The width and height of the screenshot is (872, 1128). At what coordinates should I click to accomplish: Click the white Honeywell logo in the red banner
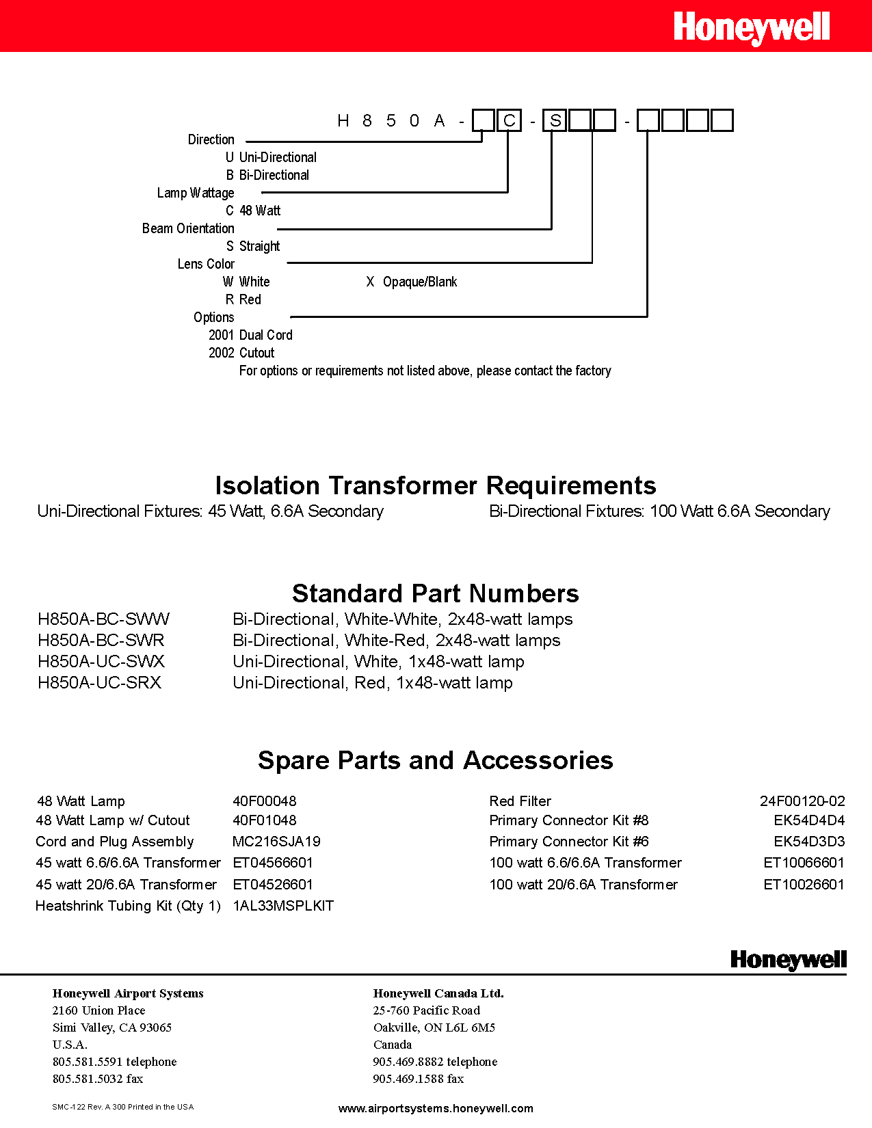click(x=752, y=28)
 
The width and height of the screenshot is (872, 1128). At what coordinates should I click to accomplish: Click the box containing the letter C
click(x=509, y=121)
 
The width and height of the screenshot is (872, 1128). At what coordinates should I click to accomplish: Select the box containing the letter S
click(x=555, y=121)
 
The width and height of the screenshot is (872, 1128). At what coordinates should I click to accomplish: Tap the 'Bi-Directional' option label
click(x=274, y=175)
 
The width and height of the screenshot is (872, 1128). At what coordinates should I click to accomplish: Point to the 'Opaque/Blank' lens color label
click(x=419, y=282)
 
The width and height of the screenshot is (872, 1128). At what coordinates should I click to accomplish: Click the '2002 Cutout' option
click(x=241, y=353)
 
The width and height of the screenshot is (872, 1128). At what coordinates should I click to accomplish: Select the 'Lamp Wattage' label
click(x=196, y=193)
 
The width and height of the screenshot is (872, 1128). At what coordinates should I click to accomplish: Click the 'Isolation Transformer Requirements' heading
click(x=436, y=485)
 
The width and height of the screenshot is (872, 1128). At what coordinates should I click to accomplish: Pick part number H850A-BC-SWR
click(x=101, y=641)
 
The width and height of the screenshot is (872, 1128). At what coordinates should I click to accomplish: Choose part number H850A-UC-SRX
click(x=100, y=683)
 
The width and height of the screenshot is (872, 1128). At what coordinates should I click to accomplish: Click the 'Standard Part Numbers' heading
click(x=436, y=593)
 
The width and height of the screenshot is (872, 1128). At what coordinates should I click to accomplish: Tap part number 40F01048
click(x=265, y=820)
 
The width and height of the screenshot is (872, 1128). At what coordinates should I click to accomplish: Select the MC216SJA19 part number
click(x=276, y=842)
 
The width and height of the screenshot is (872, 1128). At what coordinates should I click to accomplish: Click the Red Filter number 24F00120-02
click(x=802, y=801)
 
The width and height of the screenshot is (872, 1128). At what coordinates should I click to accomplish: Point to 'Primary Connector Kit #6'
click(x=569, y=842)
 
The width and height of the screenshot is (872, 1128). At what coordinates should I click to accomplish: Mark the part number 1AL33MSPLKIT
click(x=283, y=906)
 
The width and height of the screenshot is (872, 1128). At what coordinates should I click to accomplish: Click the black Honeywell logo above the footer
click(x=789, y=960)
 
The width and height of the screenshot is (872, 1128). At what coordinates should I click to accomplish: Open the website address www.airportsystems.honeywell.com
click(x=436, y=1108)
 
